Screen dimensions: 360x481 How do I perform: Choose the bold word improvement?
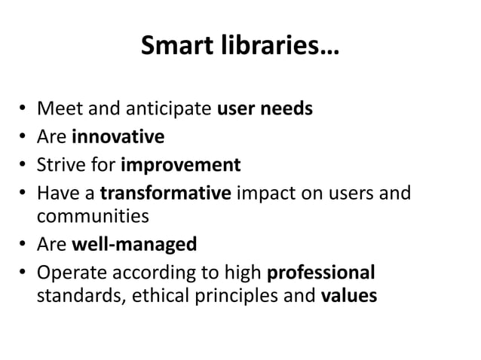click(x=181, y=164)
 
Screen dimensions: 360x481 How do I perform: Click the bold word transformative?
click(x=165, y=191)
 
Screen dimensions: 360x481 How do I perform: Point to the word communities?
click(x=92, y=218)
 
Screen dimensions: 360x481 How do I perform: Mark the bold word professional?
click(x=321, y=271)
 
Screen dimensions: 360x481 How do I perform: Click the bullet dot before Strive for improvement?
click(x=26, y=165)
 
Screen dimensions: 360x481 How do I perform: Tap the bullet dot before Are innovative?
click(x=26, y=138)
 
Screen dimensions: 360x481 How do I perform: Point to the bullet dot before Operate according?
click(x=26, y=272)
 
